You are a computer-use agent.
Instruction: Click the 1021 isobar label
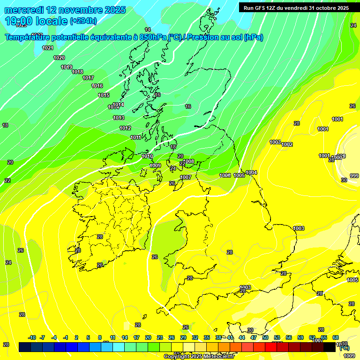click(48, 48)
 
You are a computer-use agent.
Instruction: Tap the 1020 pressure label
click(59, 58)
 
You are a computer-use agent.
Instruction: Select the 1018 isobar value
click(77, 72)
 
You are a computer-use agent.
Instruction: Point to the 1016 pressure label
click(97, 86)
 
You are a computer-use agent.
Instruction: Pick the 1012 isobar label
click(125, 128)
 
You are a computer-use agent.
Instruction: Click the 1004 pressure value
click(252, 172)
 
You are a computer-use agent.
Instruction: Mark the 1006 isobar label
click(225, 175)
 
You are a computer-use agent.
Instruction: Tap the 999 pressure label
click(354, 176)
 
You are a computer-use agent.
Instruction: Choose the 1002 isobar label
click(287, 144)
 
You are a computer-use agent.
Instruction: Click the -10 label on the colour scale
click(32, 337)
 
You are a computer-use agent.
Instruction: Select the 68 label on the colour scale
click(336, 337)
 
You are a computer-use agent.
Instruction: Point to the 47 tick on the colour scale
click(254, 337)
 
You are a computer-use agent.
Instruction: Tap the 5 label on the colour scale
click(88, 337)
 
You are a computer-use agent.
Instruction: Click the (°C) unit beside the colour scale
click(344, 348)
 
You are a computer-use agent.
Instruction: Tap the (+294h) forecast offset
click(83, 21)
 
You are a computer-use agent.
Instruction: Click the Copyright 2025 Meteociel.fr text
click(199, 356)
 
